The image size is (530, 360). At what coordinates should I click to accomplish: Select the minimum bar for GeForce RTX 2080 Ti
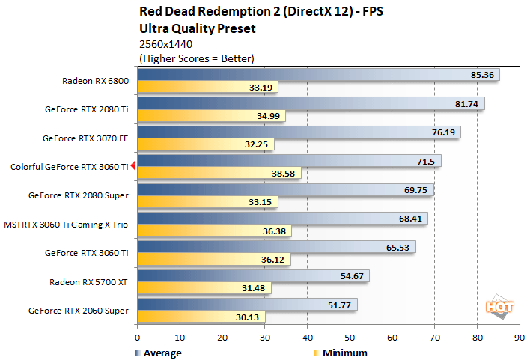tap(210, 116)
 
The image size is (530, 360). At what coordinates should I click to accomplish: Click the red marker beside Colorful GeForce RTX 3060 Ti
tap(132, 166)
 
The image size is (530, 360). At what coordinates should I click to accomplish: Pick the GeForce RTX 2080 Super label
tap(79, 195)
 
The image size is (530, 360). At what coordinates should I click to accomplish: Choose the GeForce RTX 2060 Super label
tap(79, 310)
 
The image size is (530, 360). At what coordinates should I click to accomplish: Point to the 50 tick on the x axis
tap(350, 338)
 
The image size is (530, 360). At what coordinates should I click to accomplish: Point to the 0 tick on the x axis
tap(137, 338)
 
